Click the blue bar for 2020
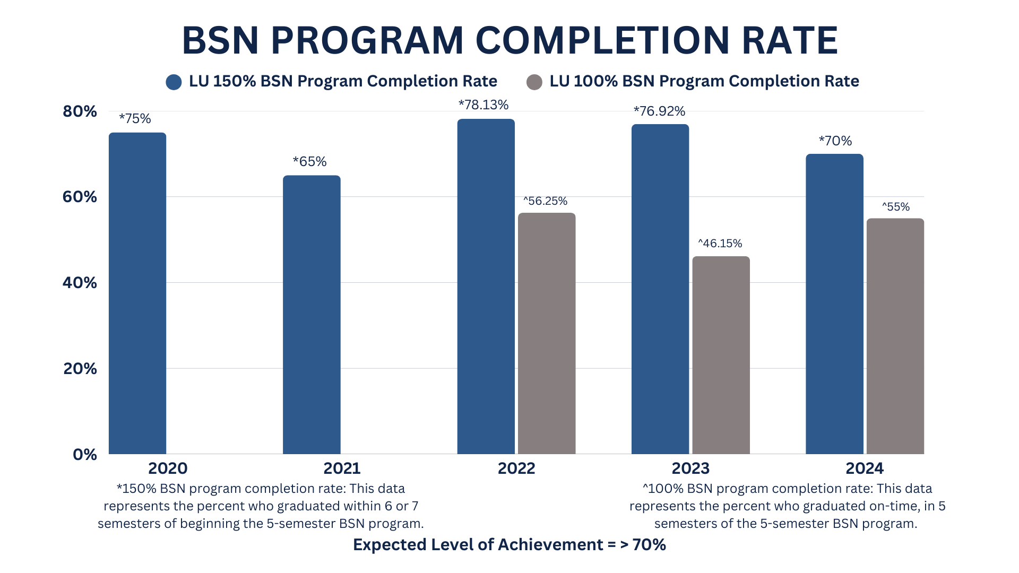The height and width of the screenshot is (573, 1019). pos(137,293)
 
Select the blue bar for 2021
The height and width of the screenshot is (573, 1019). pos(312,314)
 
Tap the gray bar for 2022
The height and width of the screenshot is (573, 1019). pos(547,333)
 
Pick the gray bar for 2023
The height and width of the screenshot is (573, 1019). pos(721,354)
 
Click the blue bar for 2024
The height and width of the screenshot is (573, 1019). pos(834,303)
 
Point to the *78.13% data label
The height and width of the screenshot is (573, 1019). pos(483,105)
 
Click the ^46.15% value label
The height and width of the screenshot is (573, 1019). pos(720,244)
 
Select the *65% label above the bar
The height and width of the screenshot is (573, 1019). pos(309,162)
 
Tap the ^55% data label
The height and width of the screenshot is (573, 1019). pos(896,207)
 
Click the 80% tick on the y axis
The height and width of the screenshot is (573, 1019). pos(80,111)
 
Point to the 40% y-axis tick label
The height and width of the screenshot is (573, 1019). pos(80,283)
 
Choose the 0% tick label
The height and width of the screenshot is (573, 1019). pos(85,455)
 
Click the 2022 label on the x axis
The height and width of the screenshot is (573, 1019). pos(516,468)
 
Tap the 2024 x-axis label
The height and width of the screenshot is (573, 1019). pos(865,468)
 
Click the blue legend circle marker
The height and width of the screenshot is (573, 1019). pos(174,82)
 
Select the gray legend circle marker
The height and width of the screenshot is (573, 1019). pos(534,82)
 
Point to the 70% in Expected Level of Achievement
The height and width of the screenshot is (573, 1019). pos(649,545)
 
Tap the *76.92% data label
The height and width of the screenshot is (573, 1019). pos(659,111)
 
